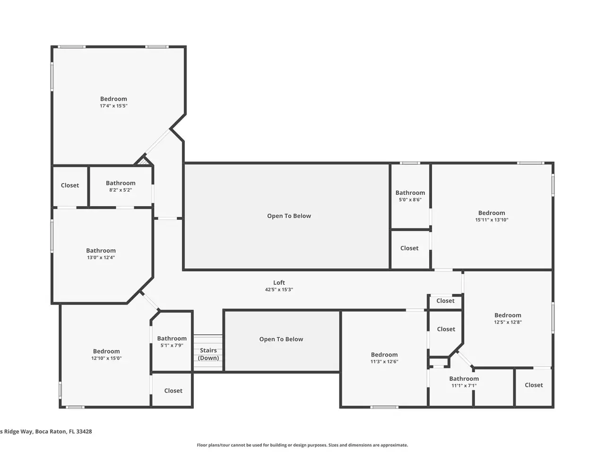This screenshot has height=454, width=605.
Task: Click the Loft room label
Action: click(279, 282)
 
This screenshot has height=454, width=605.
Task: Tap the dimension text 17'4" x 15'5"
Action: click(113, 106)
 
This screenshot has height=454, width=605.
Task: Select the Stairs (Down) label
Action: click(208, 354)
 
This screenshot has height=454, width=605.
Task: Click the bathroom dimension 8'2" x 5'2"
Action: click(121, 190)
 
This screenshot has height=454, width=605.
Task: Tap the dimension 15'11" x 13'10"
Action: click(492, 220)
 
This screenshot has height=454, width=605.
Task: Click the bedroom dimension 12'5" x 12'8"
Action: click(508, 322)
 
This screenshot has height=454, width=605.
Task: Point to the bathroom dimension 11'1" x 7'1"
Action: click(464, 385)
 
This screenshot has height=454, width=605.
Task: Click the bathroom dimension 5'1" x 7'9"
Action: click(172, 345)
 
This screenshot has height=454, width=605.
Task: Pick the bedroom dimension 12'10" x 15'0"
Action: click(106, 358)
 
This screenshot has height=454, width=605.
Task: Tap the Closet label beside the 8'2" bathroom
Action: click(70, 185)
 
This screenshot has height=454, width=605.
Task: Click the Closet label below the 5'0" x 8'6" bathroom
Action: click(409, 248)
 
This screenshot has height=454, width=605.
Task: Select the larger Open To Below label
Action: click(289, 216)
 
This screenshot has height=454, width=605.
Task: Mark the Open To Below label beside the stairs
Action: click(281, 339)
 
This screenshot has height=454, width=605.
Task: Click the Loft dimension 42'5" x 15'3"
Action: click(279, 289)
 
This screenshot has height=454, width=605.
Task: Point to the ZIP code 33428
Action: click(84, 431)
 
